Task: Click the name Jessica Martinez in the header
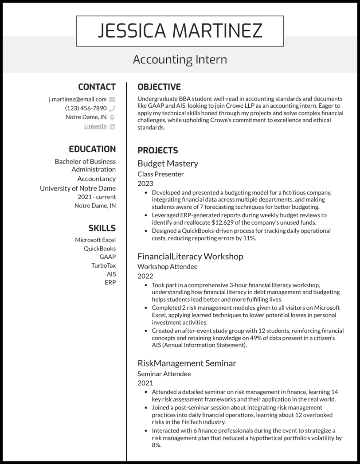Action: tap(180, 31)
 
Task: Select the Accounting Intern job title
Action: tap(180, 59)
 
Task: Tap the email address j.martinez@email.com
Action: tap(78, 99)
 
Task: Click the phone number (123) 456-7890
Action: tap(86, 108)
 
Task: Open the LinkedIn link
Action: tap(95, 126)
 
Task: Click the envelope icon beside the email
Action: tap(112, 99)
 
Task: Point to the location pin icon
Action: tap(112, 117)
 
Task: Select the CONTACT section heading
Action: tap(97, 87)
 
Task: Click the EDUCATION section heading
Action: tap(92, 149)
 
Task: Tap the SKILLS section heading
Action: tap(102, 228)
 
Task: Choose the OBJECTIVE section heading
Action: tap(159, 87)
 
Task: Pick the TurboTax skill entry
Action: tap(103, 265)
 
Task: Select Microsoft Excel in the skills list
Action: tap(95, 240)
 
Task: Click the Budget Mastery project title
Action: tap(168, 164)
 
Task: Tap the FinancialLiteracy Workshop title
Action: tap(190, 257)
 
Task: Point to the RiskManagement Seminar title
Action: tap(187, 363)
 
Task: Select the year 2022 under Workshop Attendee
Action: tap(145, 276)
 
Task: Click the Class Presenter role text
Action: tap(160, 174)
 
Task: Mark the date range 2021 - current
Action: tap(97, 197)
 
